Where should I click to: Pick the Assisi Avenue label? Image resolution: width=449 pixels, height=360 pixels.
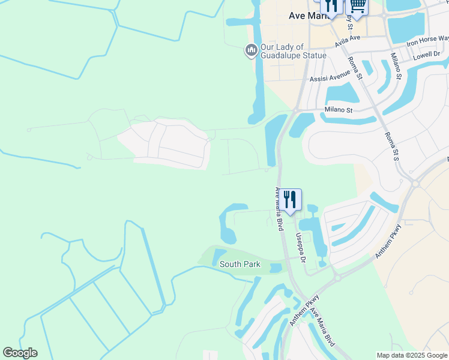pos(330,79)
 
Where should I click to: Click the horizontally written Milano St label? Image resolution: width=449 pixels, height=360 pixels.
pos(339,110)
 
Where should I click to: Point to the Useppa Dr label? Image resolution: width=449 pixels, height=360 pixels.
pos(302,248)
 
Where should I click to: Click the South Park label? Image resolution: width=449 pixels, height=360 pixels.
pos(240,264)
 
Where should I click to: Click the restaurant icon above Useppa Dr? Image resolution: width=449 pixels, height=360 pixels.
pos(290,199)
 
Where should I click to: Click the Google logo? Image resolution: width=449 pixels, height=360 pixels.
pos(20,353)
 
